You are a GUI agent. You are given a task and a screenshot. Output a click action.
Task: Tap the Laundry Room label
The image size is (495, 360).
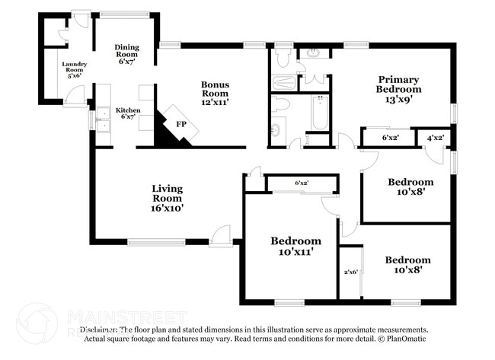click(x=75, y=69)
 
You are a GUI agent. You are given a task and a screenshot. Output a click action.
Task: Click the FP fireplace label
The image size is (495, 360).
click(x=181, y=123)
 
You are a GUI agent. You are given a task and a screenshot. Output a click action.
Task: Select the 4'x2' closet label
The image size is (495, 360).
click(x=435, y=139)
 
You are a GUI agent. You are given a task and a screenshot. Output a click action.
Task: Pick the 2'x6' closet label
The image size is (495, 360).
click(x=350, y=272)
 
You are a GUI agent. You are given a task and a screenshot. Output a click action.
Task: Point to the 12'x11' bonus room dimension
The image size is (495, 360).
click(x=216, y=102)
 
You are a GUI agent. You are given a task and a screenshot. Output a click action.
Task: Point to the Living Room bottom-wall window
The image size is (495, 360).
click(x=157, y=243)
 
